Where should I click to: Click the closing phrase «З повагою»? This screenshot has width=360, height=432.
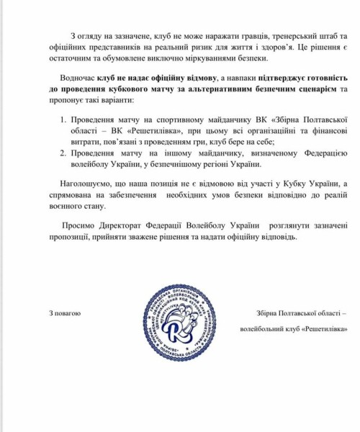pyautogui.click(x=64, y=313)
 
